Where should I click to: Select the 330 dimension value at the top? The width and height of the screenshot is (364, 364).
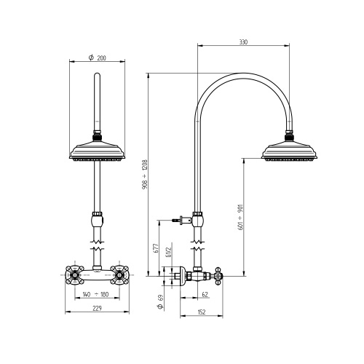[243, 42]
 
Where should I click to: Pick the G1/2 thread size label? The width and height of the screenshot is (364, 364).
[168, 252]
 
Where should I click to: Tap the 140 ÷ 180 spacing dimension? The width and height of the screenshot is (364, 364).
[96, 295]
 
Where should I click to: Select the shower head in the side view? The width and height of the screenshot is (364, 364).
[290, 153]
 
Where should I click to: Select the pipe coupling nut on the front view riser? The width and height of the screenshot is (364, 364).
[96, 218]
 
